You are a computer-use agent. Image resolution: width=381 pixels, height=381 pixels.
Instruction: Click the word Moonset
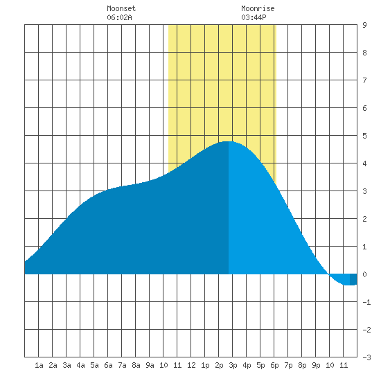(x=121, y=8)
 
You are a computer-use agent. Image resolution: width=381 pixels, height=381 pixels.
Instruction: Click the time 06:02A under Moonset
(x=119, y=17)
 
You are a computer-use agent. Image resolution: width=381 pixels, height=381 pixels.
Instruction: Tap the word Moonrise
(x=258, y=8)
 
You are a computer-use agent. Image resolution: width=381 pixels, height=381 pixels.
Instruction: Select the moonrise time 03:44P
(x=254, y=17)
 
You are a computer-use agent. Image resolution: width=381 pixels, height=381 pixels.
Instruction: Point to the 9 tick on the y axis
(x=364, y=25)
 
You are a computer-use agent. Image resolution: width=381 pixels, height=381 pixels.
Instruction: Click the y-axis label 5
(x=364, y=136)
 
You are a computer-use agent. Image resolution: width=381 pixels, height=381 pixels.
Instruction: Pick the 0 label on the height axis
(x=364, y=274)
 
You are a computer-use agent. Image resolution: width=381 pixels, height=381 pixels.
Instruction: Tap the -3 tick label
(x=366, y=357)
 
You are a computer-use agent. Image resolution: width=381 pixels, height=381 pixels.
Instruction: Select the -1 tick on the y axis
(x=366, y=302)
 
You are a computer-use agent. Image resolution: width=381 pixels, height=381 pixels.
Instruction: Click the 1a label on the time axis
(x=39, y=365)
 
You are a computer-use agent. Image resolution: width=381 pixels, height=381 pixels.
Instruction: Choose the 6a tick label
(x=108, y=365)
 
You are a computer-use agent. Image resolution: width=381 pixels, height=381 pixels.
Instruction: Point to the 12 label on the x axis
(x=191, y=365)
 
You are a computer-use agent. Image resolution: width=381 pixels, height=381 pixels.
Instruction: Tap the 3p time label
(x=233, y=365)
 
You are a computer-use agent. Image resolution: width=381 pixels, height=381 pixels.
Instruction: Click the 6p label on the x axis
(x=274, y=365)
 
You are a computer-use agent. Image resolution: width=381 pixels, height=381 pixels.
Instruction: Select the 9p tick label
(x=316, y=365)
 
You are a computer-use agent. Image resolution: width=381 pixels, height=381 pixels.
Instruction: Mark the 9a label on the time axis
(x=150, y=365)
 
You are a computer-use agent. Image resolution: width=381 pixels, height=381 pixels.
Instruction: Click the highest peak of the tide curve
(x=229, y=141)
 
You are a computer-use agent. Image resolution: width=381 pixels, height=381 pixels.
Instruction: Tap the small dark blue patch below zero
(x=353, y=279)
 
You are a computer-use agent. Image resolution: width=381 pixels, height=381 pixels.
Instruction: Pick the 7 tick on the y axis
(x=364, y=80)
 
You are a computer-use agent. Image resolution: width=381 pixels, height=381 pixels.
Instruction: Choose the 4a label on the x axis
(x=80, y=365)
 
